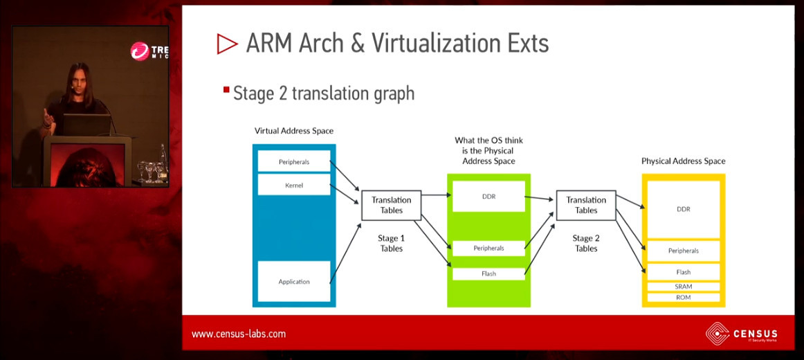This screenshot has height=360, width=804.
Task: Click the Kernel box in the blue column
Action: (294, 185)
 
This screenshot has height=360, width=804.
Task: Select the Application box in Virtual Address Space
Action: (294, 282)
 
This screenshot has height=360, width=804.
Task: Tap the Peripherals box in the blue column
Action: (294, 162)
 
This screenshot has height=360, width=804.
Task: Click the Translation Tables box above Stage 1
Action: (391, 205)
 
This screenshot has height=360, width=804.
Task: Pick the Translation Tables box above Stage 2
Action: (586, 205)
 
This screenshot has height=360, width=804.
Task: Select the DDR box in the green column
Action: (488, 197)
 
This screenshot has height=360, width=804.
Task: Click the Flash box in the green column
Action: (488, 273)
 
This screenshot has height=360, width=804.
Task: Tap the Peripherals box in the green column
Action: (488, 248)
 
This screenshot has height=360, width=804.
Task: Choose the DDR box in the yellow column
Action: (684, 209)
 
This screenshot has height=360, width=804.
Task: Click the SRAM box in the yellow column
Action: (684, 287)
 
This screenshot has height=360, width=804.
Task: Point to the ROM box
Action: (684, 298)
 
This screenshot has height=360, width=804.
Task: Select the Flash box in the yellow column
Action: (684, 272)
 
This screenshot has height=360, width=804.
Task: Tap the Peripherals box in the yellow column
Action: (684, 251)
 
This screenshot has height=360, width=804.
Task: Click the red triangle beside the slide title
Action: (227, 44)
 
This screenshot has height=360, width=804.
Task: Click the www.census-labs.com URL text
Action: (239, 334)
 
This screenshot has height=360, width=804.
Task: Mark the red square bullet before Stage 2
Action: (226, 90)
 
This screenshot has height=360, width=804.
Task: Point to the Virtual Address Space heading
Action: (294, 131)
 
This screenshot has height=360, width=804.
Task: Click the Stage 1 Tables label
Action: (391, 244)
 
